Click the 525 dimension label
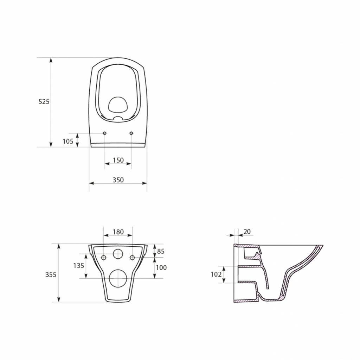(x=44, y=102)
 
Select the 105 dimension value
(x=68, y=141)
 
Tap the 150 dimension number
(x=118, y=160)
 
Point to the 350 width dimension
(x=118, y=180)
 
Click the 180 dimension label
(x=118, y=232)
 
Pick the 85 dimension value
(x=161, y=251)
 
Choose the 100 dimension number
(x=161, y=267)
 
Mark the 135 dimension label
(x=79, y=266)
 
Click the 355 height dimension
(x=51, y=274)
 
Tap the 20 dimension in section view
(x=247, y=232)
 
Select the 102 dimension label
(x=216, y=274)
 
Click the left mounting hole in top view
(x=105, y=133)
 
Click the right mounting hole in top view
(x=131, y=133)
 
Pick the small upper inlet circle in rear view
(x=118, y=254)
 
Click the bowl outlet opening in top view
(x=118, y=105)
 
